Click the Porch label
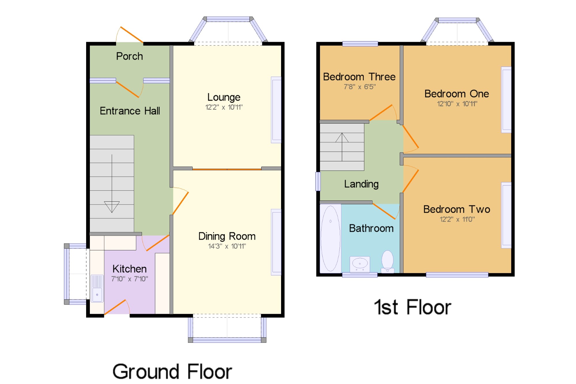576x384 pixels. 129,56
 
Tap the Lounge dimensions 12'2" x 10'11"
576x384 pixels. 224,107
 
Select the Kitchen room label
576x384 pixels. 130,269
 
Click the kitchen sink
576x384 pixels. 97,288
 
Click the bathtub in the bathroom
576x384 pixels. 331,239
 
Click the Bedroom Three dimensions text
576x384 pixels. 360,87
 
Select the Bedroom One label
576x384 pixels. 457,94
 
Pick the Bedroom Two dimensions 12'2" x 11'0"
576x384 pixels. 457,219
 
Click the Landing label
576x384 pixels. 361,184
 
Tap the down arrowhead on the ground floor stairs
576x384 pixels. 112,207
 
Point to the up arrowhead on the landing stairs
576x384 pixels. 342,137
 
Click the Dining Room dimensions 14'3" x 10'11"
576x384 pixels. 227,246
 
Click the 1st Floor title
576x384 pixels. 412,307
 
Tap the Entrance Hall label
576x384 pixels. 130,111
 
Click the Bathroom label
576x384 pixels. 371,228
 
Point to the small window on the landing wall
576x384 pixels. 318,181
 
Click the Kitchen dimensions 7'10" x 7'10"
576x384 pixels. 130,279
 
